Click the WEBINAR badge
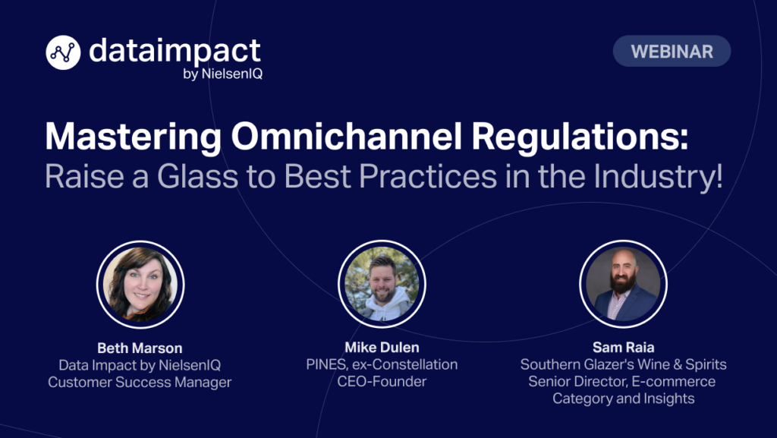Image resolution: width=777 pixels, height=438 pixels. pos(672,51)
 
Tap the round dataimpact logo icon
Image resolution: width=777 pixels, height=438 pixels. pos(63,52)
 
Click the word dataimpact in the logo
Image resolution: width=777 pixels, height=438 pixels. pos(175,51)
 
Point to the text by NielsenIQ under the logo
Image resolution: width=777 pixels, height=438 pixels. pos(222,74)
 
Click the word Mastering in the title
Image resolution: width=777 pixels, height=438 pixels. pos(134,137)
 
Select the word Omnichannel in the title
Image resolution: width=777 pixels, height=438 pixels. pos(346,136)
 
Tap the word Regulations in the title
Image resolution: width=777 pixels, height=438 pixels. pos(579,137)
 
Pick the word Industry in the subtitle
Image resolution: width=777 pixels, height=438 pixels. pos(658,177)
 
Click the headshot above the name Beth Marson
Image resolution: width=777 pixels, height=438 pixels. pos(140,285)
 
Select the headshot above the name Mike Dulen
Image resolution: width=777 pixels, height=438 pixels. pos(382,284)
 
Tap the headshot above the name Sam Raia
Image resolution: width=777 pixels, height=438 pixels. pos(623,284)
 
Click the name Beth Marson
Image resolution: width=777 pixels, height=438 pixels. pos(140,348)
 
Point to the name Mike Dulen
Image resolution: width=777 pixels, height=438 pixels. pos(382,347)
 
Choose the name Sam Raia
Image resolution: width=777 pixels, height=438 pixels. pos(624,347)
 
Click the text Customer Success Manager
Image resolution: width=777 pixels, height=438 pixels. pos(140,382)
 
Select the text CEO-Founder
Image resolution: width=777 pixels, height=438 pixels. pos(382,381)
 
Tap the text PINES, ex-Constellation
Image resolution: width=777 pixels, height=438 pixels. pos(382,364)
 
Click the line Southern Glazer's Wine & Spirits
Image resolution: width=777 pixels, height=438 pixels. pos(624,364)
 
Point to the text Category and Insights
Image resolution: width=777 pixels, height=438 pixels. pos(624,399)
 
